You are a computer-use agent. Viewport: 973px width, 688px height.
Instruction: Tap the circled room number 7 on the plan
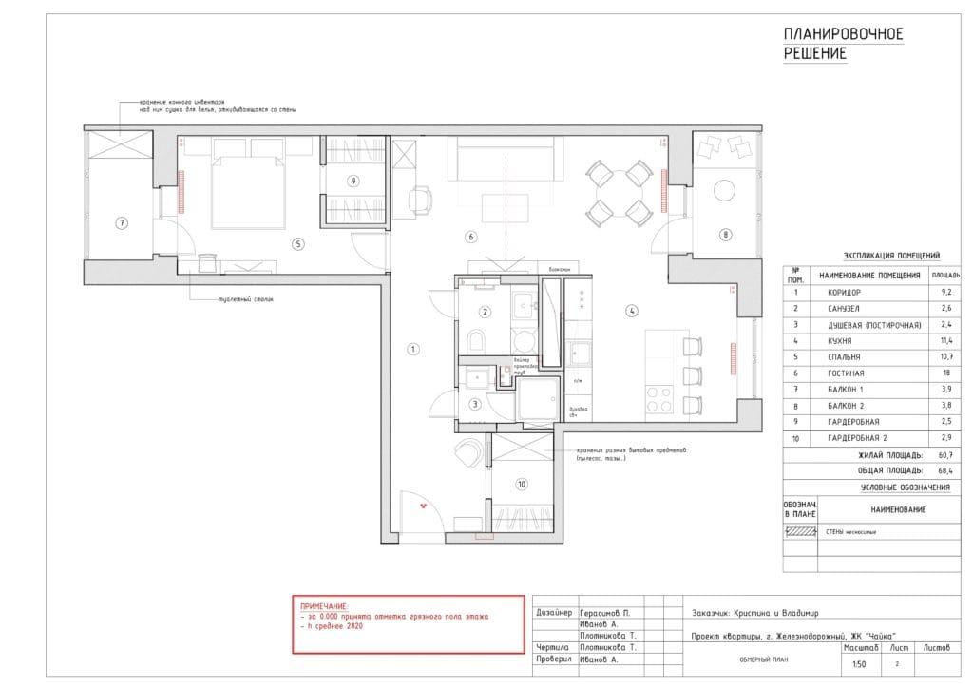pyautogui.click(x=121, y=223)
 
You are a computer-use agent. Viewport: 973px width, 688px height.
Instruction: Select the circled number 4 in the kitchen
pyautogui.click(x=630, y=310)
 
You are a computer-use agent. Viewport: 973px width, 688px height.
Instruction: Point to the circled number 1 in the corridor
pyautogui.click(x=412, y=349)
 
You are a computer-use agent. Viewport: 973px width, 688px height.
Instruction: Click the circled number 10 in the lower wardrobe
pyautogui.click(x=521, y=484)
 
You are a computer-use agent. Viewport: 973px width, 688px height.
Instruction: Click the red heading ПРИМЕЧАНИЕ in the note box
pyautogui.click(x=324, y=605)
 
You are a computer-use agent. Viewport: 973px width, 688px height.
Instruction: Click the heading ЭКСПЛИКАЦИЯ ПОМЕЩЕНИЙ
pyautogui.click(x=891, y=256)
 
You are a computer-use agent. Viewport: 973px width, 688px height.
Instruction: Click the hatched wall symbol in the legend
pyautogui.click(x=799, y=532)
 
